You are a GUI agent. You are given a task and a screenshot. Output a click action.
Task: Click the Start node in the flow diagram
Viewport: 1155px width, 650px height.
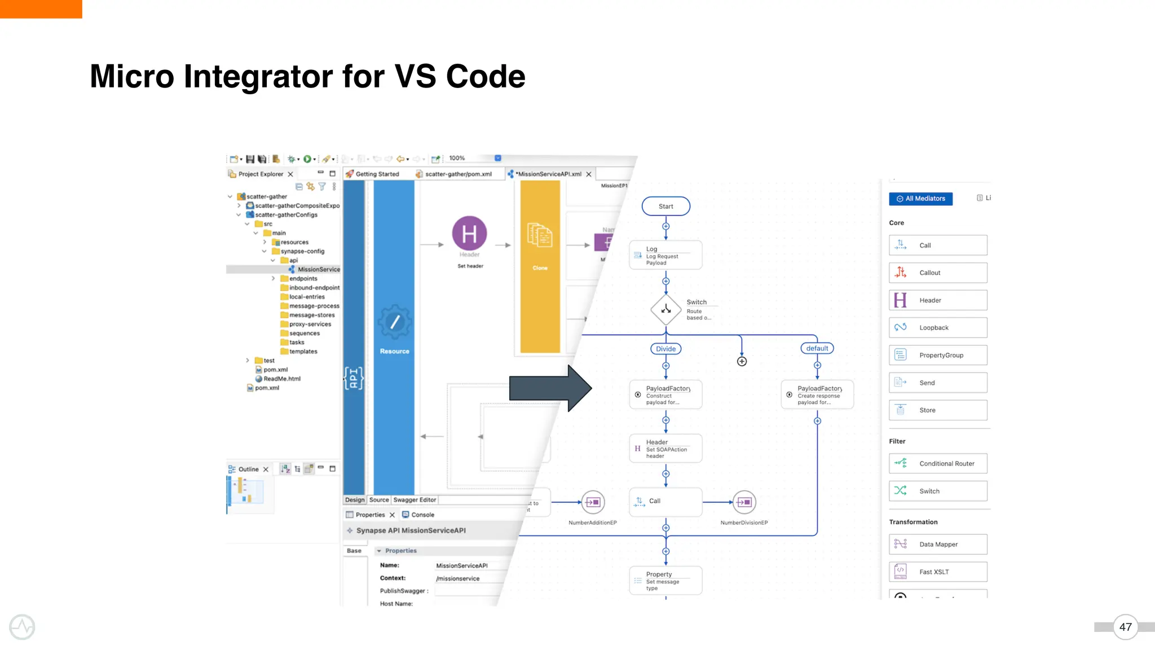tap(665, 207)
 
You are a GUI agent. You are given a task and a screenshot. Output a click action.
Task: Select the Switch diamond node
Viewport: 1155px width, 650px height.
tap(666, 309)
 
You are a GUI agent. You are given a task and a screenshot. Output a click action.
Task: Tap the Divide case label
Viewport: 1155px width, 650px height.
tap(665, 349)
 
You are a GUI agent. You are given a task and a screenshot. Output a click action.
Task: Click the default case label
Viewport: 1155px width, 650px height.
tap(817, 348)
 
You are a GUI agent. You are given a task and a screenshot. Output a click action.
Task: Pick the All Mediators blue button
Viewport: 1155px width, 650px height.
tap(920, 199)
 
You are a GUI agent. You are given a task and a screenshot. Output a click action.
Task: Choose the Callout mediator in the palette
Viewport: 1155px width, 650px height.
tap(938, 273)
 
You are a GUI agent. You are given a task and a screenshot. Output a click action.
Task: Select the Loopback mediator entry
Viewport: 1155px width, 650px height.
tap(938, 328)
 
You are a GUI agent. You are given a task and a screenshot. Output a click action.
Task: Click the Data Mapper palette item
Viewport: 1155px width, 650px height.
tap(938, 544)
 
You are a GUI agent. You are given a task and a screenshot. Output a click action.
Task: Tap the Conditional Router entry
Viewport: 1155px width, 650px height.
tap(938, 464)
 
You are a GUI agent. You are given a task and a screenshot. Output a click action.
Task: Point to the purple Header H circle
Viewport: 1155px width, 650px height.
tap(469, 234)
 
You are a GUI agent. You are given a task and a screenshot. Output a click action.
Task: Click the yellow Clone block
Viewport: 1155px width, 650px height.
tap(540, 266)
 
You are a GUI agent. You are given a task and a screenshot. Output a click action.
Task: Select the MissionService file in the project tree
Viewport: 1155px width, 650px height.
tap(318, 270)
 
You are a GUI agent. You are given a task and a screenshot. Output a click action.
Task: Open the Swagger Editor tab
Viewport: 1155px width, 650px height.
tap(415, 500)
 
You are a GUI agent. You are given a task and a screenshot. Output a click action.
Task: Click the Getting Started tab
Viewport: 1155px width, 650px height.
tap(377, 174)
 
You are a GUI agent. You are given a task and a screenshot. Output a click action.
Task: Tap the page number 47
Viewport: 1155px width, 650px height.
tap(1125, 627)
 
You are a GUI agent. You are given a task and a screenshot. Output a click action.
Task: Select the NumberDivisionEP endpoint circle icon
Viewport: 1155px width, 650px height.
tap(744, 502)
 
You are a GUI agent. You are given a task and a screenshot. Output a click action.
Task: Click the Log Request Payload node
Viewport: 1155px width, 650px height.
tap(665, 256)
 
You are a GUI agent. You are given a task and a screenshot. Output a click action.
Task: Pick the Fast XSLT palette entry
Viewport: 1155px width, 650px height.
tap(938, 572)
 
